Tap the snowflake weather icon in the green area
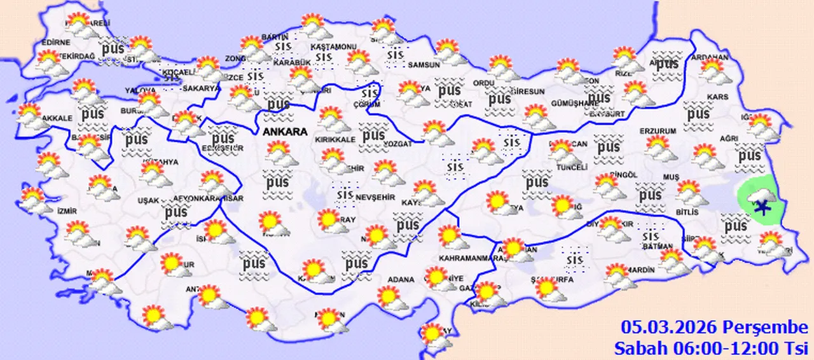761,205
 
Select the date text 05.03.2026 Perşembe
714,328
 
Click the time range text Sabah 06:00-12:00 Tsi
710,348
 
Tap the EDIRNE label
55,43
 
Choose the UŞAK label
148,200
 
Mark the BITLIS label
687,212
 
